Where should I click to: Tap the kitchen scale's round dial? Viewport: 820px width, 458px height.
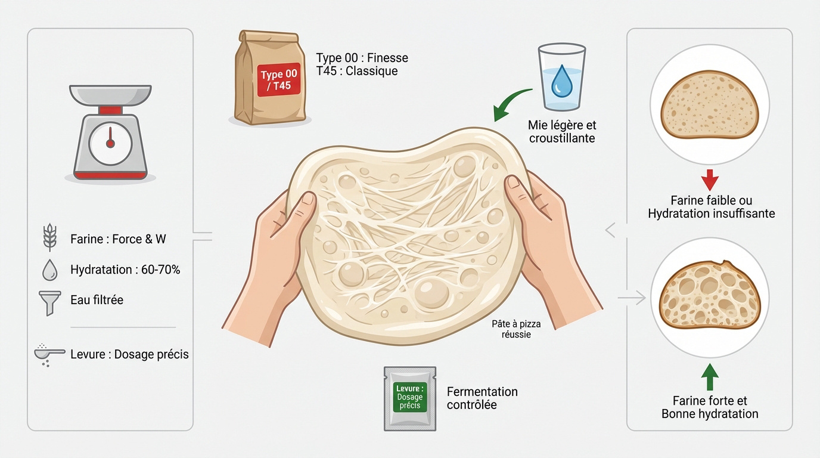(x=110, y=144)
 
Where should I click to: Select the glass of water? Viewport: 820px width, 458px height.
(x=561, y=76)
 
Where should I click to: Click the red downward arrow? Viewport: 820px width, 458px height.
(x=710, y=180)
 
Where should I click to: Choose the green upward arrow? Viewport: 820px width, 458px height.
(x=710, y=377)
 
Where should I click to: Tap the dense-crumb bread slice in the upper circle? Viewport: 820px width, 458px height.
(x=709, y=107)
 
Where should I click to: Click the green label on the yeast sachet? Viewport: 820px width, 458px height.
(x=410, y=397)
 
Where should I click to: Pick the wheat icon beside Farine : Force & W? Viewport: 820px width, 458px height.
(x=49, y=239)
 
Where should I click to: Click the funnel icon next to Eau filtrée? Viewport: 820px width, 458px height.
(x=49, y=301)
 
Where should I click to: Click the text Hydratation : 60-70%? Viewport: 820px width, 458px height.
(x=125, y=270)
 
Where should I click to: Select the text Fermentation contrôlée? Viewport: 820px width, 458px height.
(x=482, y=398)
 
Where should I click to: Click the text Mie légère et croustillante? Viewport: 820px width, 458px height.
(x=561, y=132)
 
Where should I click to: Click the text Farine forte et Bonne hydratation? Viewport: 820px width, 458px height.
(x=710, y=407)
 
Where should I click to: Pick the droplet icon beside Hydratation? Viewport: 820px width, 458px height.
(x=49, y=270)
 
